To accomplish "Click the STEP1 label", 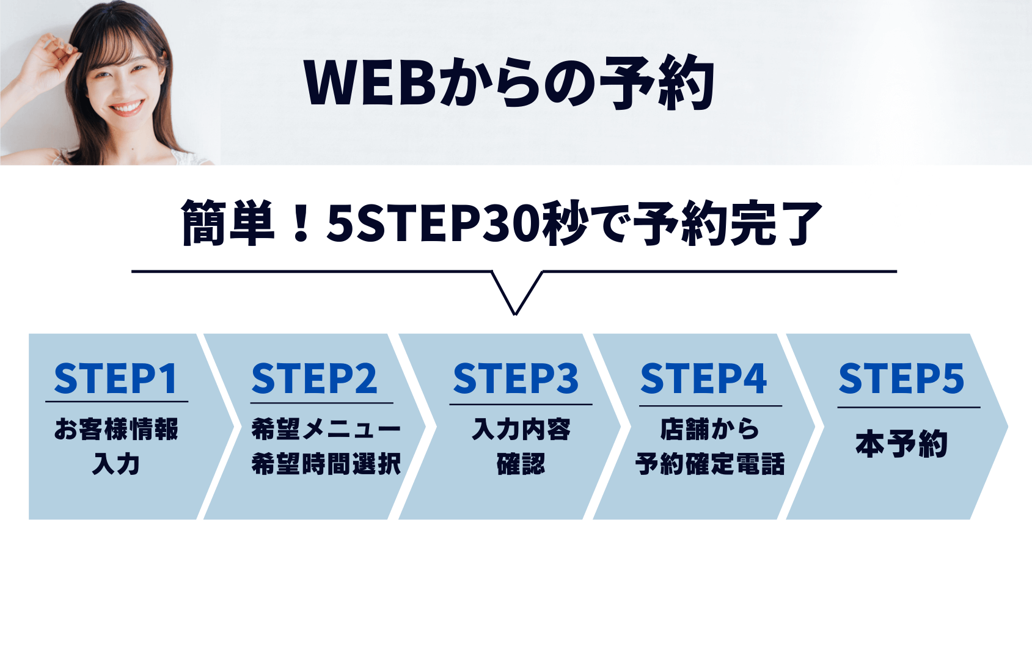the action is (x=115, y=378).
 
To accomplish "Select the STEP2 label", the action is (x=314, y=378).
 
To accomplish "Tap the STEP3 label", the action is (x=516, y=378).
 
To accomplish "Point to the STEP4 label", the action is (x=703, y=378).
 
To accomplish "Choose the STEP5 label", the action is (x=901, y=378).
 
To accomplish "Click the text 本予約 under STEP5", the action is (x=902, y=444).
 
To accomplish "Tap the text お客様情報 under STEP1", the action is (x=116, y=429).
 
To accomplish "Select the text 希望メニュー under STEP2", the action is (x=326, y=429).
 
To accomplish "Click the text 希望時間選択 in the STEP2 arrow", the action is (x=326, y=463).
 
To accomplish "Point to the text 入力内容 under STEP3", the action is (x=521, y=429).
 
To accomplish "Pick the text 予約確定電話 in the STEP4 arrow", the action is (x=710, y=463).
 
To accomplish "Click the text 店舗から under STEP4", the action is (x=709, y=429).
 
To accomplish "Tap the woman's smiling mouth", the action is (x=126, y=108).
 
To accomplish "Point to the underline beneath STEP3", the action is (x=521, y=405).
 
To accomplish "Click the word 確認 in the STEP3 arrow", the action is (x=521, y=463).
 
